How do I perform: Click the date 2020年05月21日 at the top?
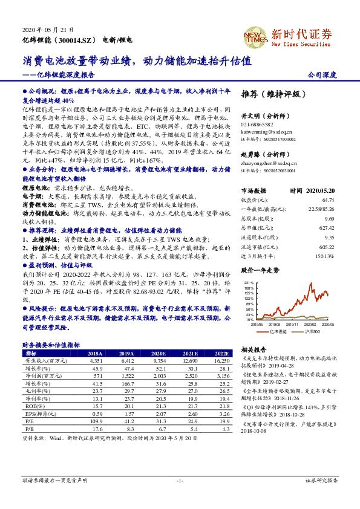(48, 30)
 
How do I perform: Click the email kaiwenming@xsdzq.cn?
(266, 131)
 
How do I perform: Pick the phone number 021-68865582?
(258, 124)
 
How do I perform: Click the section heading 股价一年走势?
(260, 270)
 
